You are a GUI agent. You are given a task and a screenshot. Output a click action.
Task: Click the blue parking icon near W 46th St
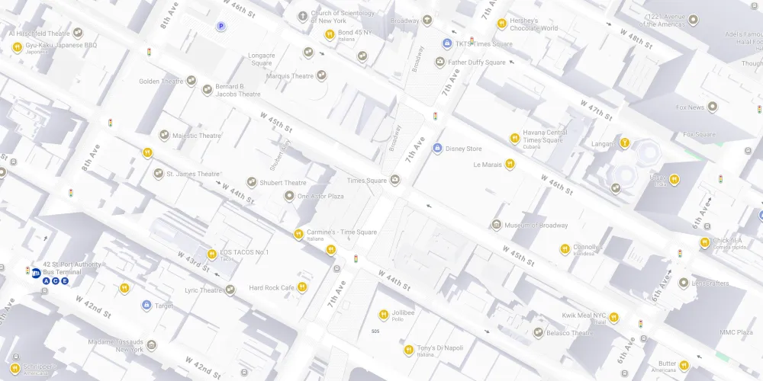221,27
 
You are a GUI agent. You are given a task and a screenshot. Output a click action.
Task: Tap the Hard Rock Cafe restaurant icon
303,287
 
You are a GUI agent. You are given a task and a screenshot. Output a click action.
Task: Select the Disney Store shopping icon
437,148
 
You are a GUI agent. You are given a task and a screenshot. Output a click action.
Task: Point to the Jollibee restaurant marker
384,314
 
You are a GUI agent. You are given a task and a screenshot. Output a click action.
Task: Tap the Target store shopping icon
146,306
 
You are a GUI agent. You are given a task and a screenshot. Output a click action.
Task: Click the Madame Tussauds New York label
115,345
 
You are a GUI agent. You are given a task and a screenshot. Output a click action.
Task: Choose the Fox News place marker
713,107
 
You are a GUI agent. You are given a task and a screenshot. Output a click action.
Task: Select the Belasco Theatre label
570,333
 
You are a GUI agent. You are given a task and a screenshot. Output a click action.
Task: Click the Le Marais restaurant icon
510,164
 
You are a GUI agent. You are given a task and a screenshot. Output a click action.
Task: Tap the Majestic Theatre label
197,136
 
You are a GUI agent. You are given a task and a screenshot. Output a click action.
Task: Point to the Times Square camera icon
394,181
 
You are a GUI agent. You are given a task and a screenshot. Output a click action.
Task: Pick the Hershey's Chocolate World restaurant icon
501,24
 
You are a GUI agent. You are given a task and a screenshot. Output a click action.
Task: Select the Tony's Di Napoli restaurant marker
408,351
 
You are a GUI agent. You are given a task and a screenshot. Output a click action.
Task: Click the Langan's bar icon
625,142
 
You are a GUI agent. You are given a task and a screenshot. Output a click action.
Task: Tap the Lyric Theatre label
203,290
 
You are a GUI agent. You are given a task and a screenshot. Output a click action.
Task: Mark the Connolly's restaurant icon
565,248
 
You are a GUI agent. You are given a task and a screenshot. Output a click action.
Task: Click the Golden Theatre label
161,81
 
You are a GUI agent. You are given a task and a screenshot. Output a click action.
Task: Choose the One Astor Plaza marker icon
289,196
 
